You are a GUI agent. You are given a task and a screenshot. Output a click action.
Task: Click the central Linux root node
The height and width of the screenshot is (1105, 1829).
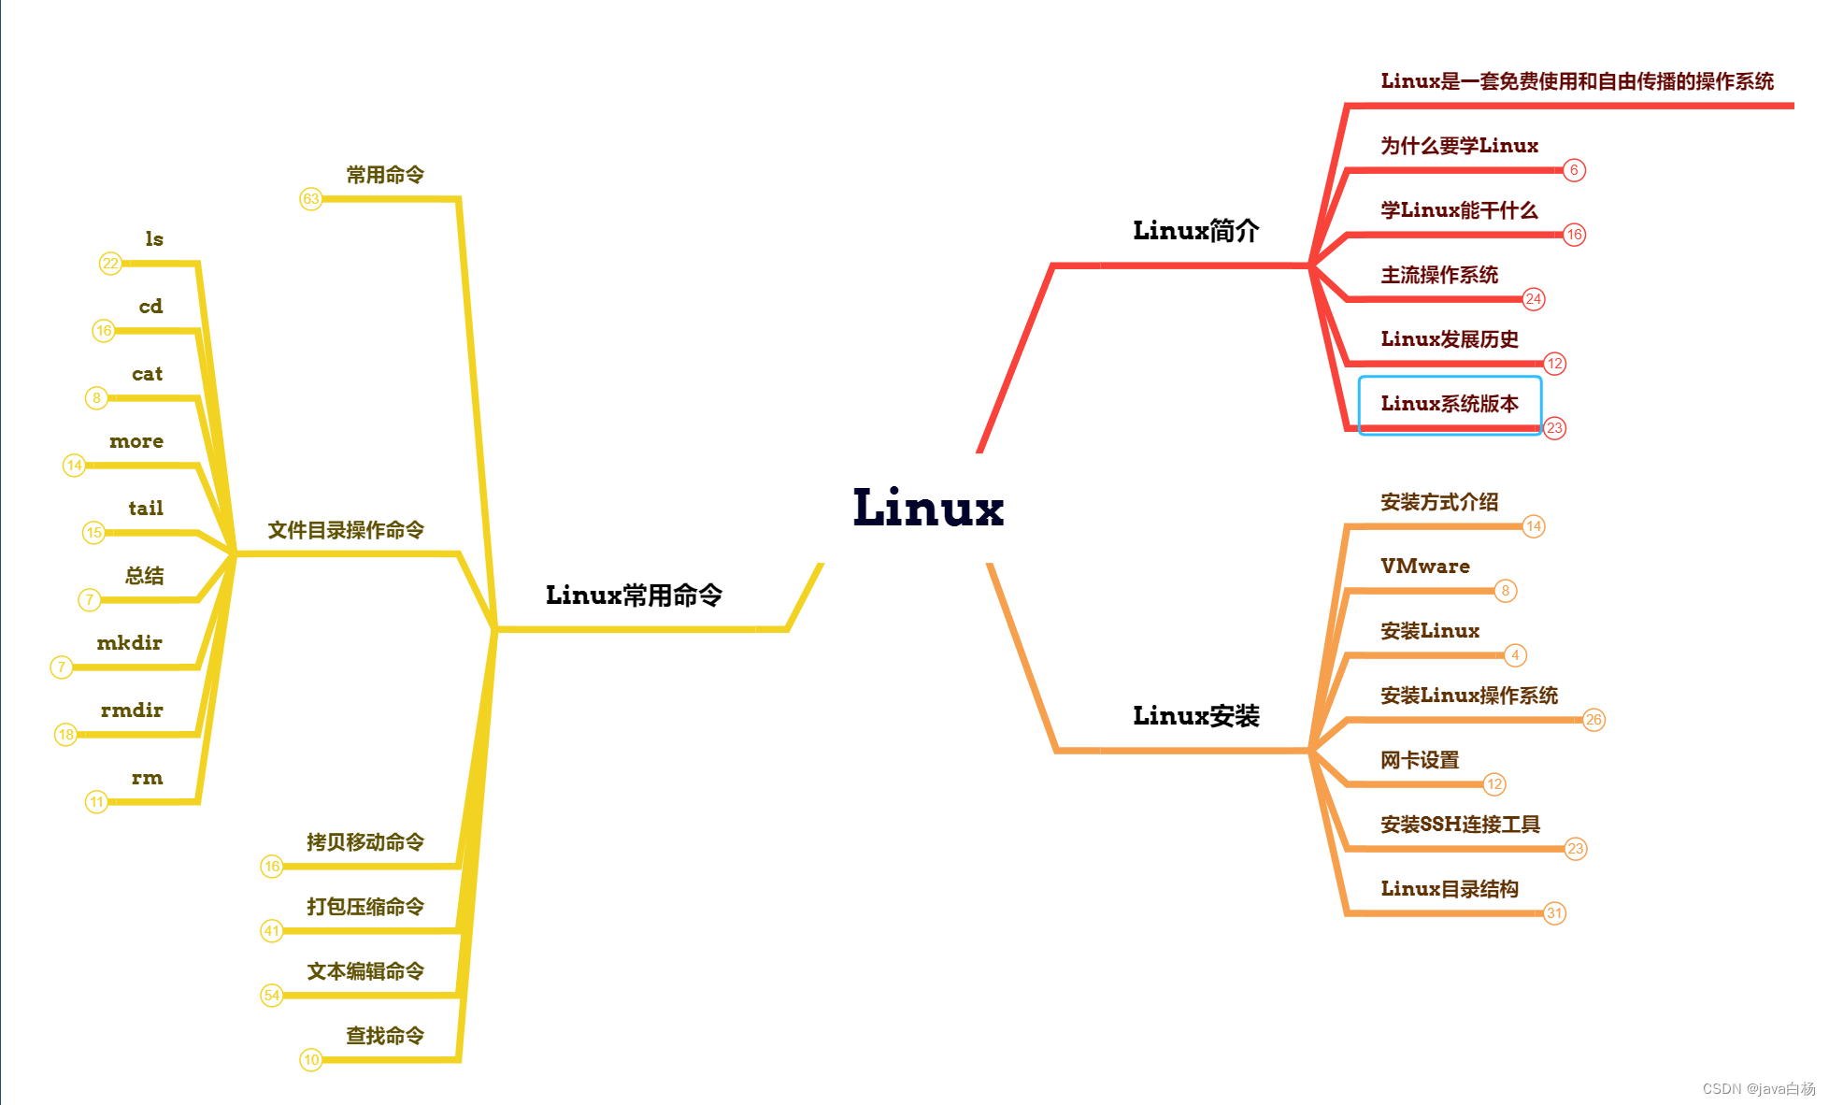928,509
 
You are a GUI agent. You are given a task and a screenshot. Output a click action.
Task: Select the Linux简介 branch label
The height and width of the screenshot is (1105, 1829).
1195,231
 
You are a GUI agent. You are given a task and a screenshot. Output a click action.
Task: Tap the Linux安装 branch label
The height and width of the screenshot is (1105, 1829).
1195,716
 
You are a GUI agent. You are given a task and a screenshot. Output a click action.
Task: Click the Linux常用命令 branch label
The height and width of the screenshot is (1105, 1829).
634,596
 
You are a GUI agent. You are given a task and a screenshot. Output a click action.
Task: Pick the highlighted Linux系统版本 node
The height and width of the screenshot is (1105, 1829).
1449,404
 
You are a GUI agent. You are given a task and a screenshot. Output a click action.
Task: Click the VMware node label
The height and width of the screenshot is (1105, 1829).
1424,567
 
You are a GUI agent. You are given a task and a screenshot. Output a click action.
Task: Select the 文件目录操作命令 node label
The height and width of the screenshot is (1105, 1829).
346,531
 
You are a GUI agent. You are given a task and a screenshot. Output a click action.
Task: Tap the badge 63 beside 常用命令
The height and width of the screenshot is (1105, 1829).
311,199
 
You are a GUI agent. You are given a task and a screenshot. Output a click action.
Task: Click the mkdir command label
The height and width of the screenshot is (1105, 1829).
130,643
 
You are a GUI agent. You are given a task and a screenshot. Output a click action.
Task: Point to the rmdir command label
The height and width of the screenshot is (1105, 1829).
132,710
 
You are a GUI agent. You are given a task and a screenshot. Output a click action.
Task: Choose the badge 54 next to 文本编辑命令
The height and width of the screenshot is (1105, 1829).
271,996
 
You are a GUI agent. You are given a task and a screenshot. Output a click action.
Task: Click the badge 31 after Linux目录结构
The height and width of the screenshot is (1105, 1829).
1554,913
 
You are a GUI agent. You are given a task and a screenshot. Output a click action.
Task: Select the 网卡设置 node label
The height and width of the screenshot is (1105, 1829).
1420,760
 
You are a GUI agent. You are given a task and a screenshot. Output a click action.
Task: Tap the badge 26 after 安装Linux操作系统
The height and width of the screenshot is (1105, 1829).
1593,720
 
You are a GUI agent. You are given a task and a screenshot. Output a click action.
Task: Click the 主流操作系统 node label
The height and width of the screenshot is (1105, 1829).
1439,275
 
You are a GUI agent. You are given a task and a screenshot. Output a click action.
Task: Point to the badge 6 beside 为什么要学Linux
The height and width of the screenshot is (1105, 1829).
1574,170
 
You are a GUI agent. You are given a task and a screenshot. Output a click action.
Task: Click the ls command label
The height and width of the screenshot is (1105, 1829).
154,239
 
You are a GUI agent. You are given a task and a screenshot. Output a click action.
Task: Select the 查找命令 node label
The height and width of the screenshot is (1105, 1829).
385,1036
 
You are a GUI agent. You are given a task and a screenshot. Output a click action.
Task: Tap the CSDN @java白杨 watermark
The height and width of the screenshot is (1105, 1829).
1758,1089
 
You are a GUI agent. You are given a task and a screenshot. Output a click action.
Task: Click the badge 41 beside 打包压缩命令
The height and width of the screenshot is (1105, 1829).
271,931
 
